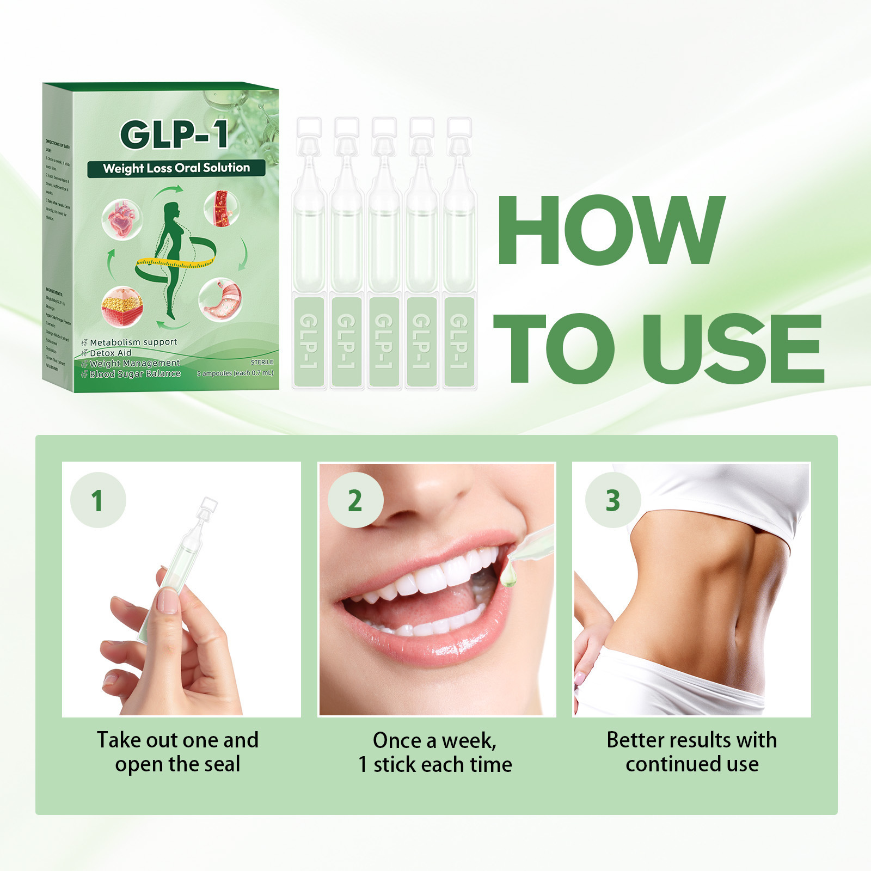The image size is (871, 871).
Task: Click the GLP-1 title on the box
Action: pyautogui.click(x=174, y=134)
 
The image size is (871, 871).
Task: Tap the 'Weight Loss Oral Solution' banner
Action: pyautogui.click(x=176, y=168)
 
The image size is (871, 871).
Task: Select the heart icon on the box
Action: pyautogui.click(x=122, y=219)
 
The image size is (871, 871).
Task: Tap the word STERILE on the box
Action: pyautogui.click(x=262, y=362)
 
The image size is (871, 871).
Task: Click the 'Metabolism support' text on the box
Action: pyautogui.click(x=133, y=342)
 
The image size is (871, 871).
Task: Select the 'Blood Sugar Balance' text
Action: pyautogui.click(x=134, y=374)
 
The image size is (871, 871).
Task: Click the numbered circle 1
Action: pyautogui.click(x=98, y=500)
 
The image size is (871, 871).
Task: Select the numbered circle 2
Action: pyautogui.click(x=355, y=500)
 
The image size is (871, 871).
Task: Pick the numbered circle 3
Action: pyautogui.click(x=612, y=500)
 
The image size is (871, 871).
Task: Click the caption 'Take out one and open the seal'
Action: pyautogui.click(x=177, y=752)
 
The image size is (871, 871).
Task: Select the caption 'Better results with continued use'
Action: pyautogui.click(x=691, y=752)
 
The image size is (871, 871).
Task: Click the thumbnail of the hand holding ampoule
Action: pyautogui.click(x=181, y=589)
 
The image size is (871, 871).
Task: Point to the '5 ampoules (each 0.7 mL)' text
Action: pyautogui.click(x=235, y=373)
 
